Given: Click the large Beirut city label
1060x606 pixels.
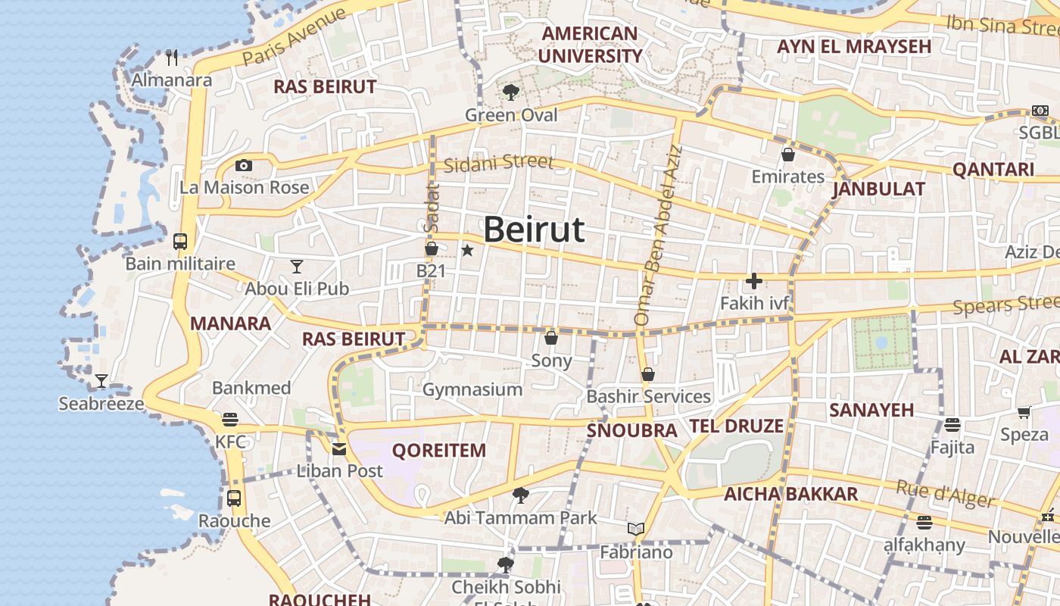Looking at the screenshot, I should [x=534, y=230].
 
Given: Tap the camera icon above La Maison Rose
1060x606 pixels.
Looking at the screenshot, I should [x=243, y=165].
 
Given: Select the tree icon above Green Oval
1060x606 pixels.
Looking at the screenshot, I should [x=511, y=92].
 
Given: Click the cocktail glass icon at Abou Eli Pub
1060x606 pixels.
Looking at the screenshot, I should [x=297, y=266].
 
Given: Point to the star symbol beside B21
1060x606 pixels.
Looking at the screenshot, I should [x=468, y=250].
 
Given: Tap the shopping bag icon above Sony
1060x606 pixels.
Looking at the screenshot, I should [x=551, y=337].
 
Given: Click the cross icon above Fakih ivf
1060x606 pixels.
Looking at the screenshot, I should [x=753, y=281].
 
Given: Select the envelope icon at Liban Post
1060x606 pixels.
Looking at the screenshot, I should [x=339, y=448].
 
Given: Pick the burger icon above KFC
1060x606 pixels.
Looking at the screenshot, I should [x=230, y=420].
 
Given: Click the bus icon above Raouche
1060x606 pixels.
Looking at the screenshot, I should [x=234, y=498].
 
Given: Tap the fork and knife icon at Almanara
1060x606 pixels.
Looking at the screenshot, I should [x=172, y=57].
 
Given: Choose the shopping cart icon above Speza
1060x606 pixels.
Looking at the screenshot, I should [x=1024, y=413].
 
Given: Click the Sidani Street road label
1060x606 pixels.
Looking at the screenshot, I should [x=499, y=163].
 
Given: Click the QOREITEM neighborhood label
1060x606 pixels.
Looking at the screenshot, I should [x=438, y=451].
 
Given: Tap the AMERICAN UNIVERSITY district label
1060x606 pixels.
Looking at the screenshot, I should [x=590, y=45].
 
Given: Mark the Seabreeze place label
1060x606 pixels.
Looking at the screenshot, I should [x=101, y=404].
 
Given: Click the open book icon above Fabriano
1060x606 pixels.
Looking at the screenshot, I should [x=636, y=529].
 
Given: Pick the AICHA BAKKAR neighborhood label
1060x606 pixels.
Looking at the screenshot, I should [x=791, y=495].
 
